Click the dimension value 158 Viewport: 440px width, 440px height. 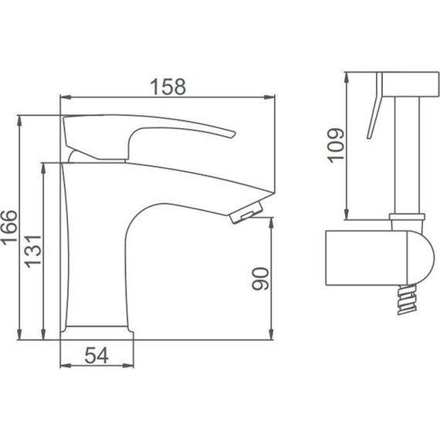(168, 86)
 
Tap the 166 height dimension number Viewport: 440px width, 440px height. (9, 227)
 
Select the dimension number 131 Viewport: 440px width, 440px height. (33, 252)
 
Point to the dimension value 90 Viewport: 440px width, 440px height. (260, 279)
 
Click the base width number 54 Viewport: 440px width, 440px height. (96, 355)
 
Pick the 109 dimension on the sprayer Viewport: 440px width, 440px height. (336, 145)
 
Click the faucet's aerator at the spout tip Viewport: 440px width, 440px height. (247, 212)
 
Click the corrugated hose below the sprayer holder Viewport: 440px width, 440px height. (406, 300)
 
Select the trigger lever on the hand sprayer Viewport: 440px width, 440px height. (374, 106)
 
